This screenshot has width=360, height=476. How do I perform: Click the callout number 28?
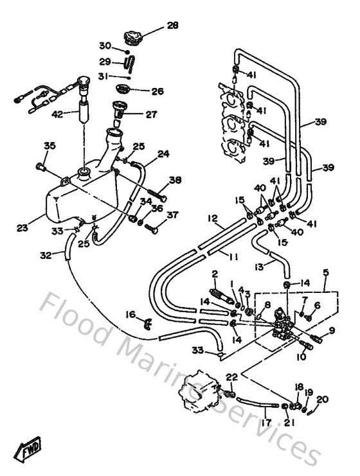(x=172, y=26)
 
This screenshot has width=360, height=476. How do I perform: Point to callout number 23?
(x=22, y=227)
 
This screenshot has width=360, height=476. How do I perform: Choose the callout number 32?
(x=45, y=254)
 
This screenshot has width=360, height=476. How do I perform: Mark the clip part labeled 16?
(x=147, y=321)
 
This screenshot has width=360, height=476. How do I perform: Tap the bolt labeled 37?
(x=152, y=227)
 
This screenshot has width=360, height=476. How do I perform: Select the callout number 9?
(x=332, y=331)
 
